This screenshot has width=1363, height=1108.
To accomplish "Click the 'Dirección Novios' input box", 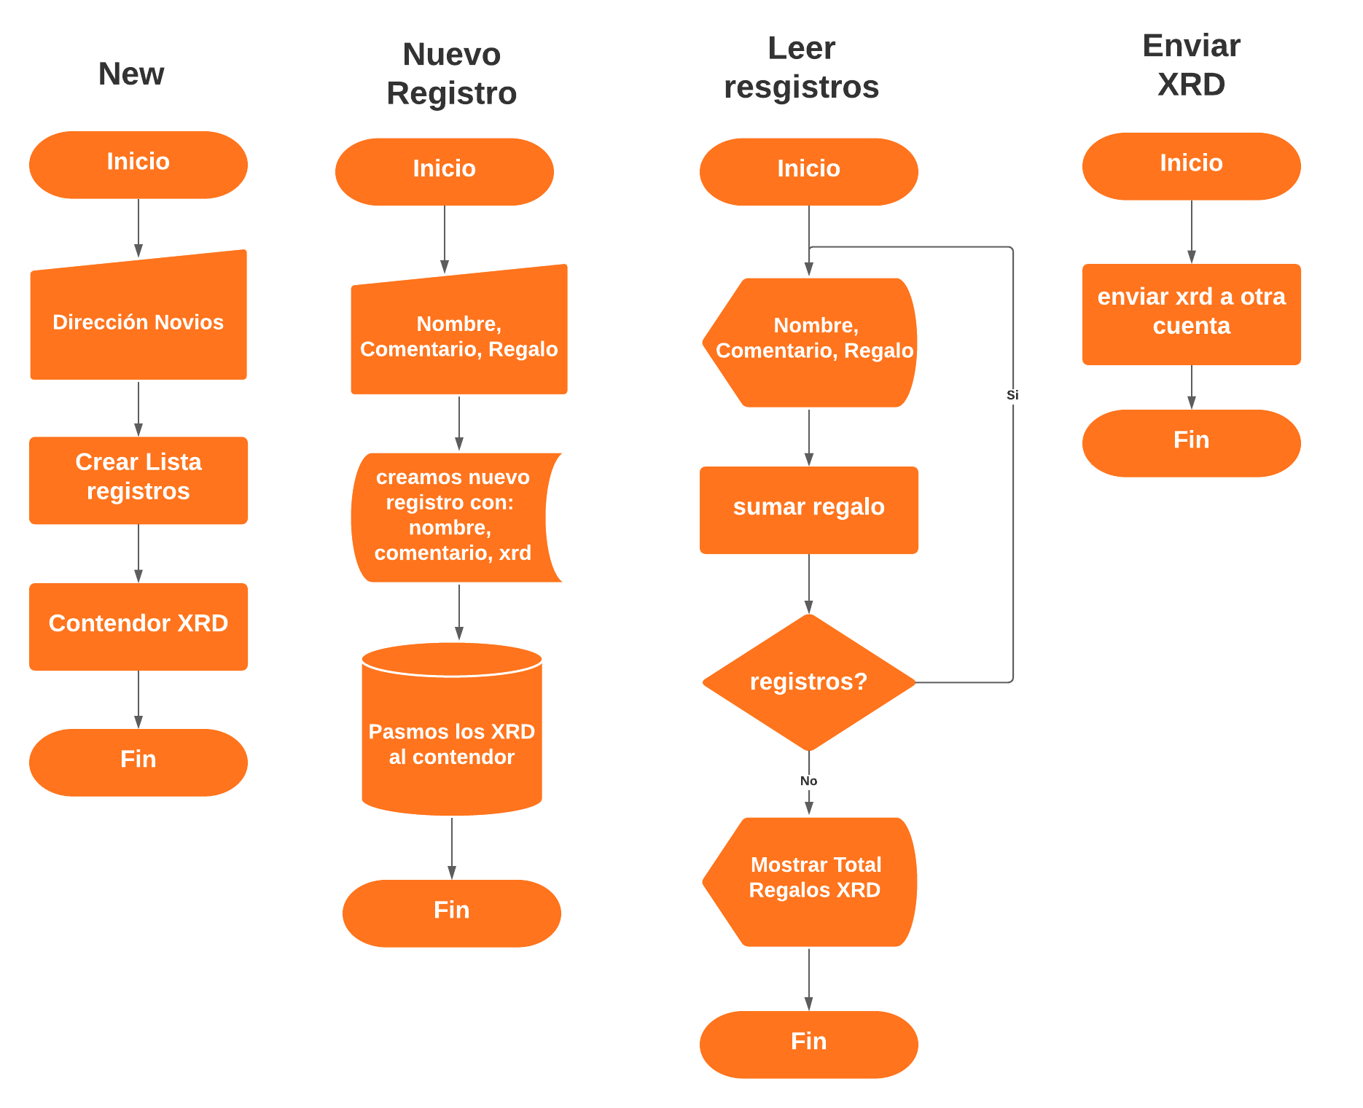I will [138, 321].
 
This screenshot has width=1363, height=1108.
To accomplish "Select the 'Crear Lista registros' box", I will [138, 480].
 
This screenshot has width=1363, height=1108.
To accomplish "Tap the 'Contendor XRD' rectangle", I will [138, 626].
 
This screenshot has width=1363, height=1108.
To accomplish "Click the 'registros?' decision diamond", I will [808, 682].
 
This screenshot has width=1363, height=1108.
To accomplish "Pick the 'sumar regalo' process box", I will [808, 510].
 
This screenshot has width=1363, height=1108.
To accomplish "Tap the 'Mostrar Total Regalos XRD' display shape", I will [813, 881].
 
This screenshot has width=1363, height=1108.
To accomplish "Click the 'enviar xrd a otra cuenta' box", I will [1191, 313].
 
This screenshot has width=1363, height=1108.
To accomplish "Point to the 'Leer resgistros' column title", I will [801, 68].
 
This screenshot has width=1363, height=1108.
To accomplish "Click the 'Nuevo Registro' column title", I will [451, 74].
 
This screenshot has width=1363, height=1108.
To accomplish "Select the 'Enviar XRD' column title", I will [1191, 65].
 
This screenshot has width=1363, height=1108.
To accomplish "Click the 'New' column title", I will [131, 74].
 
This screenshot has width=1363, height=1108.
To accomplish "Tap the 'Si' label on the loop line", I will [1012, 395].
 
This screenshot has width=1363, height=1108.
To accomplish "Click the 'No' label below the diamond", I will [808, 781].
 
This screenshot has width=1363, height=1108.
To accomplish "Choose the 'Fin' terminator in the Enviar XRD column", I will [1191, 442].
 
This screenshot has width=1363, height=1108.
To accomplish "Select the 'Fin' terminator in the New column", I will [138, 762].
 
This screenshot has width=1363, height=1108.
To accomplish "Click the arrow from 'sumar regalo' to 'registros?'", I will [808, 583].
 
